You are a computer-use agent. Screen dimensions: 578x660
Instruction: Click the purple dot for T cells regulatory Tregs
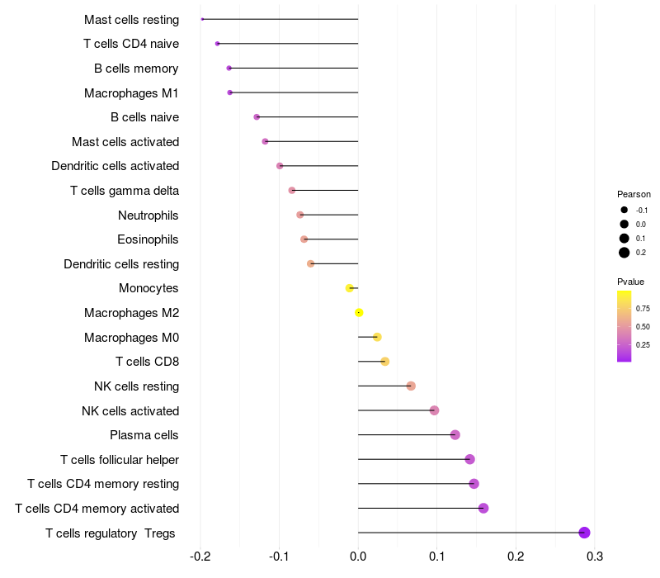pyautogui.click(x=584, y=533)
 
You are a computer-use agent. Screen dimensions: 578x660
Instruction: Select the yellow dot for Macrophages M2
pyautogui.click(x=359, y=313)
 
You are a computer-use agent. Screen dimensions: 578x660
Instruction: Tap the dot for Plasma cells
pyautogui.click(x=455, y=435)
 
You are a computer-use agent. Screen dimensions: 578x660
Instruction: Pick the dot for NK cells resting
pyautogui.click(x=411, y=386)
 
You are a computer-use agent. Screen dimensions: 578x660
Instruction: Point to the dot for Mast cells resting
pyautogui.click(x=202, y=19)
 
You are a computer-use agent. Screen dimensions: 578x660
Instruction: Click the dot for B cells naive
pyautogui.click(x=257, y=117)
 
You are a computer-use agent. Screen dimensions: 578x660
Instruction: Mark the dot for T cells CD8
pyautogui.click(x=384, y=362)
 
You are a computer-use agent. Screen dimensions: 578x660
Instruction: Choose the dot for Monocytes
pyautogui.click(x=350, y=288)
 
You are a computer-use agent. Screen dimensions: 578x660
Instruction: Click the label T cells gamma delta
pyautogui.click(x=125, y=191)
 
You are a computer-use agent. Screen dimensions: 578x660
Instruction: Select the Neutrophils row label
pyautogui.click(x=148, y=216)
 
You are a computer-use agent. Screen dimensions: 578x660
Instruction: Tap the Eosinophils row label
pyautogui.click(x=148, y=239)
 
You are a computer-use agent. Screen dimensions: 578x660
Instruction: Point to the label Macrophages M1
pyautogui.click(x=131, y=93)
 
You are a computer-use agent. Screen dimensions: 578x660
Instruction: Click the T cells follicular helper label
pyautogui.click(x=120, y=459)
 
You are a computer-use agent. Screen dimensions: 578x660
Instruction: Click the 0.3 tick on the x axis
pyautogui.click(x=594, y=557)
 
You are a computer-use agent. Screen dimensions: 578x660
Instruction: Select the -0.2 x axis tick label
pyautogui.click(x=200, y=557)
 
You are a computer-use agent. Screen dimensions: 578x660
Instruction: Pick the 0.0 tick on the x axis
pyautogui.click(x=358, y=557)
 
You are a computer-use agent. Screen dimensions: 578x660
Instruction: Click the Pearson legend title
pyautogui.click(x=634, y=194)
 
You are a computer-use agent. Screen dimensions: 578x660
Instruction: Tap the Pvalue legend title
pyautogui.click(x=630, y=282)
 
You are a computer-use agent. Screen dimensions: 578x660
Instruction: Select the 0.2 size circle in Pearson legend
pyautogui.click(x=625, y=253)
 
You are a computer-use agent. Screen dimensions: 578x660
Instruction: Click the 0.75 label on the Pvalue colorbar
pyautogui.click(x=643, y=309)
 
